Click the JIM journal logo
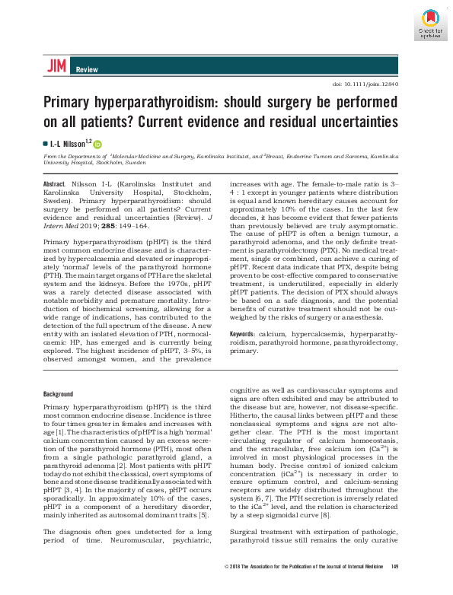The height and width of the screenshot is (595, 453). (x=55, y=67)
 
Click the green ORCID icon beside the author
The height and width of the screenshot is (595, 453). (x=97, y=143)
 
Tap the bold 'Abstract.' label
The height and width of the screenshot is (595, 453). (x=54, y=184)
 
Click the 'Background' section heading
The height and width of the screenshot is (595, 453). (x=58, y=394)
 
